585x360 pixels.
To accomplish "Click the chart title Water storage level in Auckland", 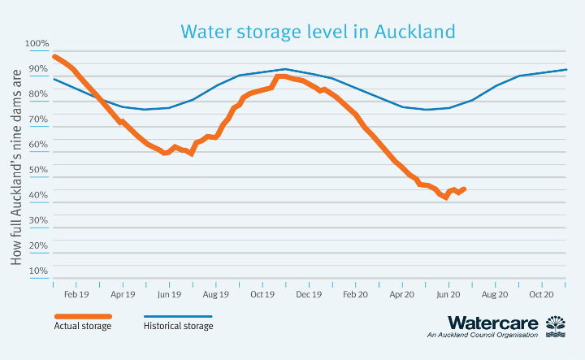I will click(x=318, y=32).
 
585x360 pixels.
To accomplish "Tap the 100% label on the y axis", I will click(x=37, y=44).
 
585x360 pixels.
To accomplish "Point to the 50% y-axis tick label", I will click(x=37, y=170).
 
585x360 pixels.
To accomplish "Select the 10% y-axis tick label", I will click(x=37, y=271).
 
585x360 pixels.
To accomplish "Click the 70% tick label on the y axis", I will click(x=37, y=119).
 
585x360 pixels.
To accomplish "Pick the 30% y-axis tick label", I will click(x=37, y=220).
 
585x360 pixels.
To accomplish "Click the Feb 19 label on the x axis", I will click(x=76, y=295).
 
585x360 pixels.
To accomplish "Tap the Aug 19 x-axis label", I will click(x=215, y=295).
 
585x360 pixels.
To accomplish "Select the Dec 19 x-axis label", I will click(x=308, y=295).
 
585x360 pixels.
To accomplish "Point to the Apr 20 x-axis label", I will click(x=402, y=295).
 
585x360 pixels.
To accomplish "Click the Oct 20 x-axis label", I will click(x=542, y=295).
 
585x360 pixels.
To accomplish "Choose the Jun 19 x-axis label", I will click(x=169, y=295).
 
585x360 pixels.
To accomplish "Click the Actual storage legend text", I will click(x=82, y=327).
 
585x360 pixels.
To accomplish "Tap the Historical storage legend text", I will click(x=178, y=327).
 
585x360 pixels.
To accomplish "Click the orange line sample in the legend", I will click(x=82, y=316).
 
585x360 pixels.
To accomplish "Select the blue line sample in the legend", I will click(x=178, y=316).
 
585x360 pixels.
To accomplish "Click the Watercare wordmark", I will click(x=492, y=323).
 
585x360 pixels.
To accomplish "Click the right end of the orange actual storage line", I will click(x=464, y=189).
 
